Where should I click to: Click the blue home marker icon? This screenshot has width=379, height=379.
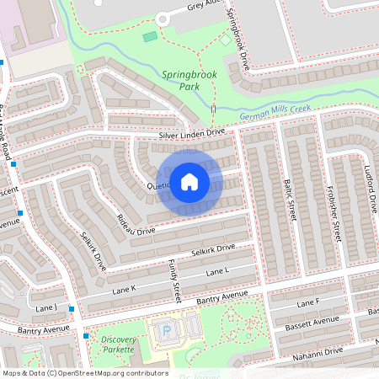(x=189, y=182)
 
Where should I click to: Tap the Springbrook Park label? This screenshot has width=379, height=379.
(x=185, y=80)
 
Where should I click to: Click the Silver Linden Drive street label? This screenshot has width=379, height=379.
(x=191, y=133)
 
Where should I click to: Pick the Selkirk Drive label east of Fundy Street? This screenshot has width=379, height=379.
(x=212, y=250)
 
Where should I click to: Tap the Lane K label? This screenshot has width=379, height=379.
(x=125, y=289)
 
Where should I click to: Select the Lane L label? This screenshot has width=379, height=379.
(x=217, y=271)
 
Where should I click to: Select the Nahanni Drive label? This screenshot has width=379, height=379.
(x=318, y=351)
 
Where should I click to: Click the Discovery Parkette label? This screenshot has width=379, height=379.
(x=118, y=344)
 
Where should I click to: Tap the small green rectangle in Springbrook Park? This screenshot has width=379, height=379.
(x=150, y=37)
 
